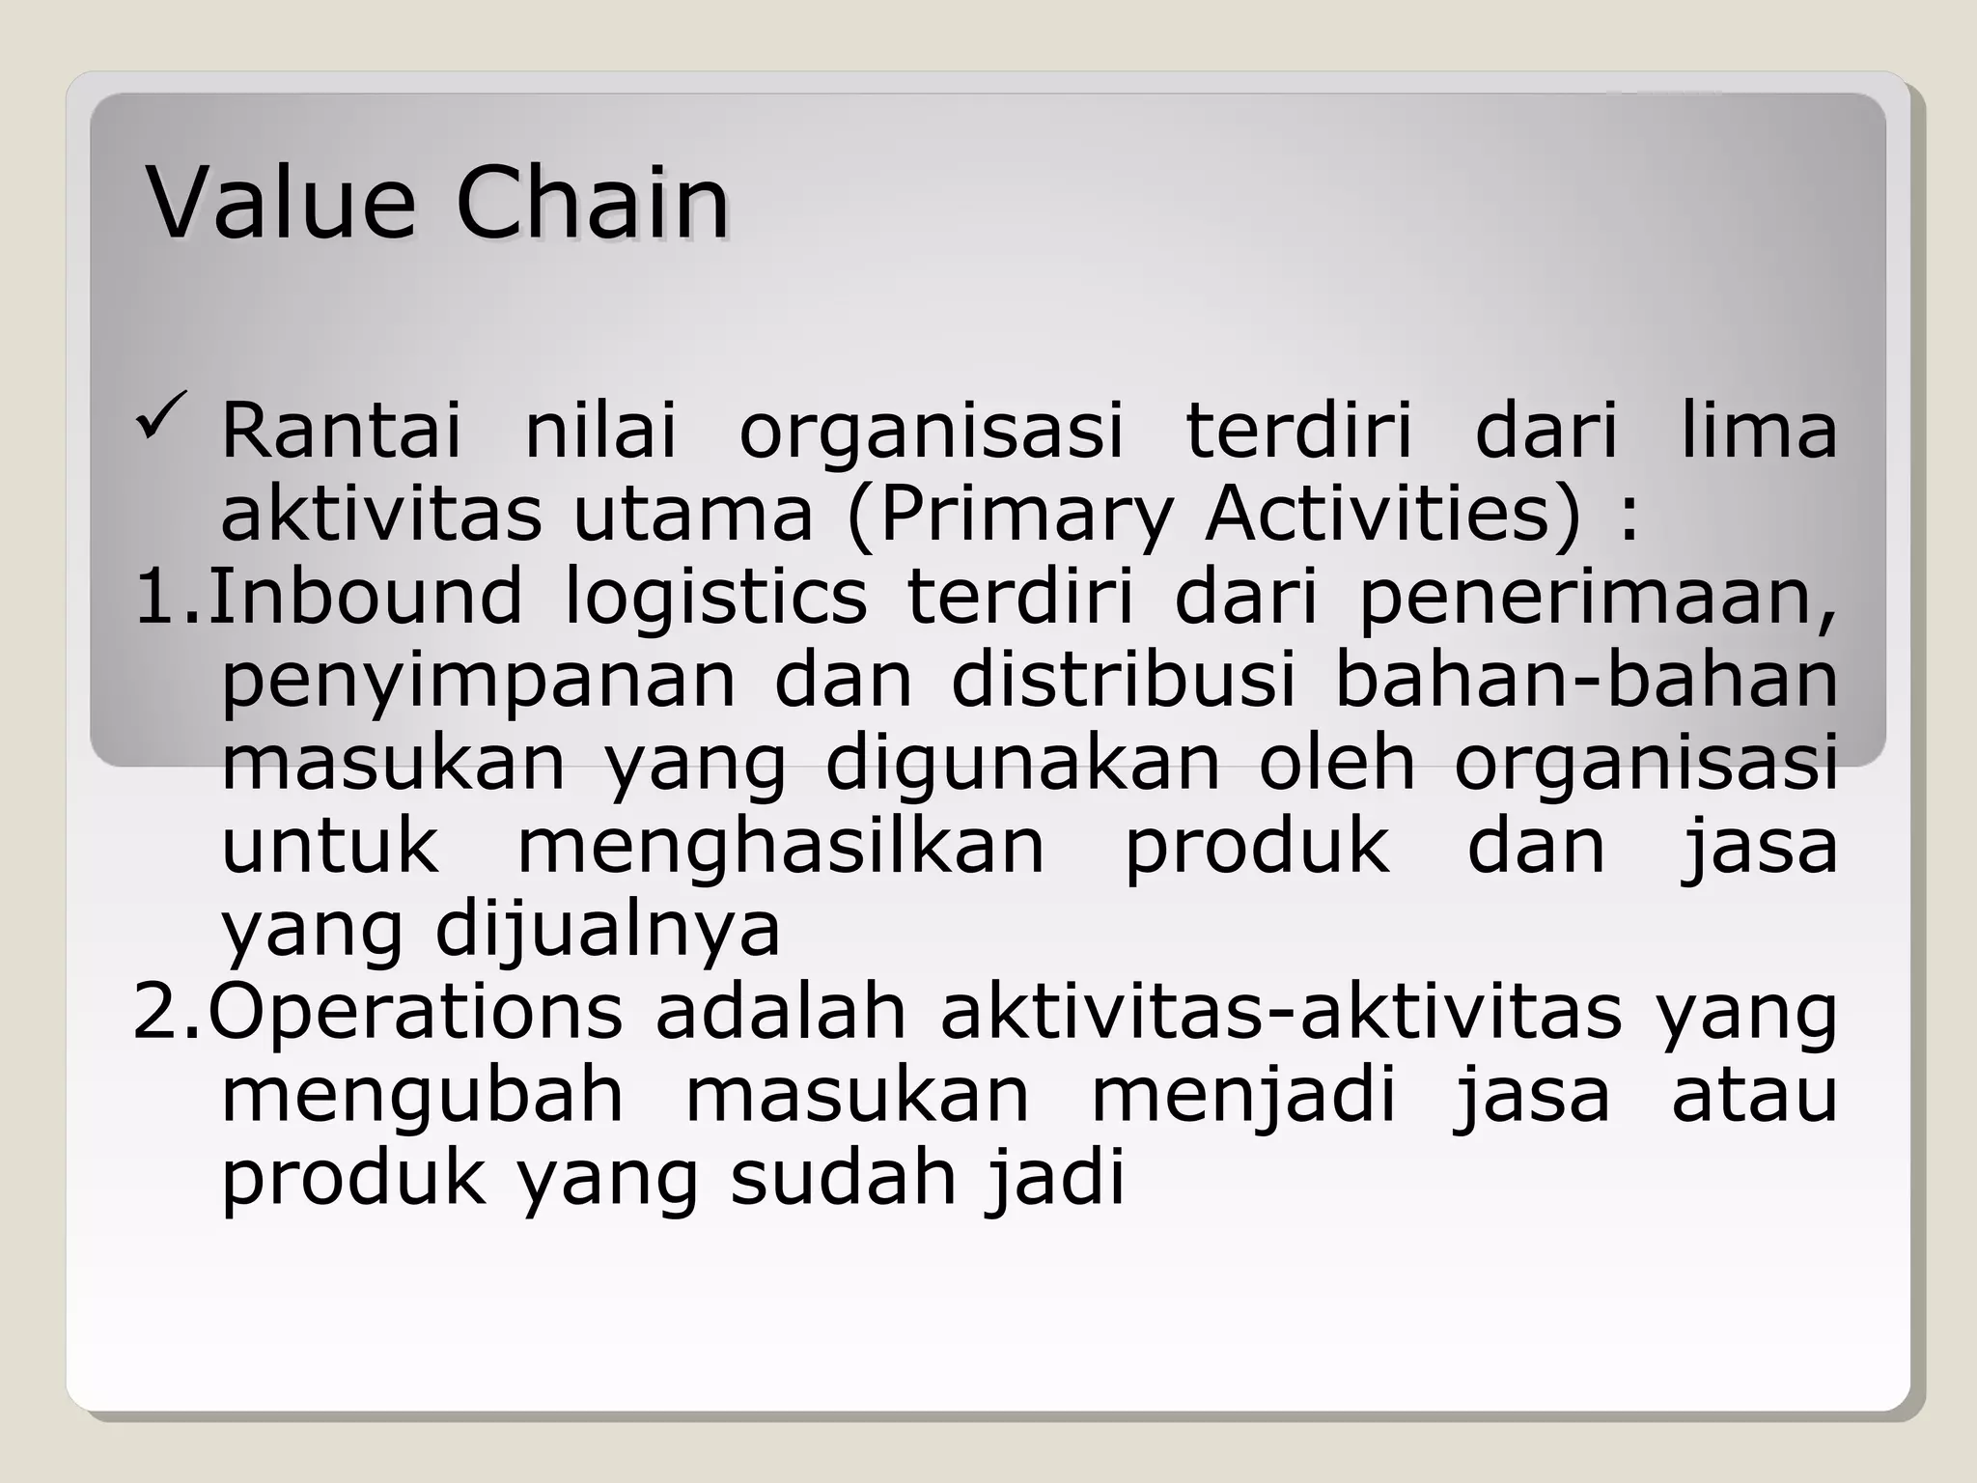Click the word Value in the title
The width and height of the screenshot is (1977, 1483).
(x=281, y=204)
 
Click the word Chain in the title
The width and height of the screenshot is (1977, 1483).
(x=591, y=204)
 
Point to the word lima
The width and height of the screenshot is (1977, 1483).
(x=1758, y=431)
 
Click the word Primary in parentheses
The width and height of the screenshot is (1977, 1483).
(x=1025, y=515)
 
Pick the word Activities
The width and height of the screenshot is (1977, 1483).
(x=1392, y=513)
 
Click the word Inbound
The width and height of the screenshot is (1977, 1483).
(x=365, y=597)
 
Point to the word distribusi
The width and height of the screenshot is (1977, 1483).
(x=1124, y=680)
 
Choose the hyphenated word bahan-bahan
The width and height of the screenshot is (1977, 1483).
(x=1585, y=680)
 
